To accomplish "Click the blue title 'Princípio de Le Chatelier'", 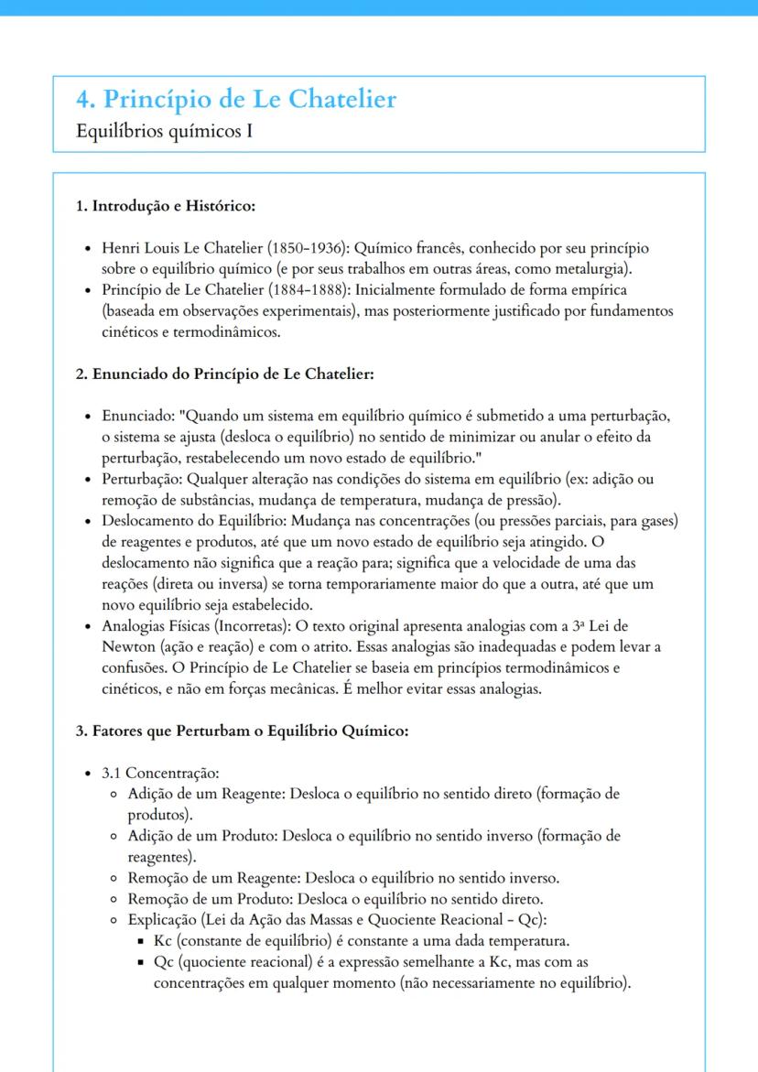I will coord(249,99).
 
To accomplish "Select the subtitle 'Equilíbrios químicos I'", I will coord(165,132).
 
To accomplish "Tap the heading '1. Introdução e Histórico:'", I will coord(165,206).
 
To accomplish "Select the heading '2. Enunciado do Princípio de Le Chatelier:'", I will coord(225,374).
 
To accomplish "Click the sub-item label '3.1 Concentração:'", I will coord(160,774).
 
